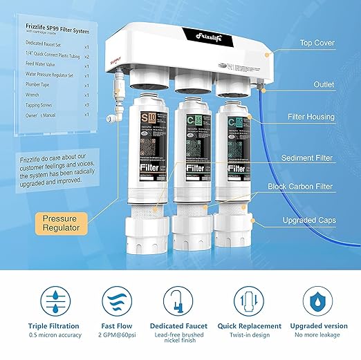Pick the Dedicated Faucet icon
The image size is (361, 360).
pyautogui.click(x=180, y=301)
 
